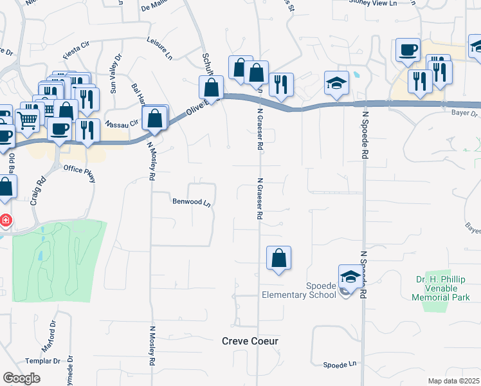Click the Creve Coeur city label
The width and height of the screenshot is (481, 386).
point(250,341)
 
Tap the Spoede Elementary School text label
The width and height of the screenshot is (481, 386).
point(298,290)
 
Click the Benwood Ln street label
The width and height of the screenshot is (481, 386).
point(192,202)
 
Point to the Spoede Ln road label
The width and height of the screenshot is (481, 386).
point(340,364)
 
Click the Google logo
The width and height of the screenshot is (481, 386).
point(21,378)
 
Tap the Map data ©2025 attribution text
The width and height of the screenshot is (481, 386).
point(453,381)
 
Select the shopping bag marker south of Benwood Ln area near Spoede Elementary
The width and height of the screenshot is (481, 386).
point(278,258)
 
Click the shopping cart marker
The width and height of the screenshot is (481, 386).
point(27,118)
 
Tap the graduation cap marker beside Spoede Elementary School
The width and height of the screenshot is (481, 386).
point(350,277)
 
